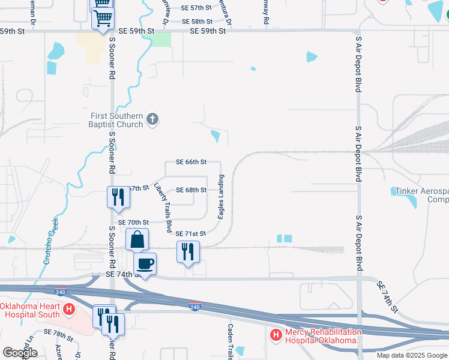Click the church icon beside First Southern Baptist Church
152,120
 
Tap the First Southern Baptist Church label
116,120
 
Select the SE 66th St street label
191,162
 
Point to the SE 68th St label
191,190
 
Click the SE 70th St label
133,222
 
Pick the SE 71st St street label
191,233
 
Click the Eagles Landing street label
221,197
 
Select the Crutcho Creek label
50,241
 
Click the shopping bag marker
137,239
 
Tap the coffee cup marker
145,263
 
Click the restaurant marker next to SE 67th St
118,197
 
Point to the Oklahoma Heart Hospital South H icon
69,310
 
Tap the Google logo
19,353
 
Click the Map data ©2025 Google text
411,355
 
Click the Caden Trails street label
231,342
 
